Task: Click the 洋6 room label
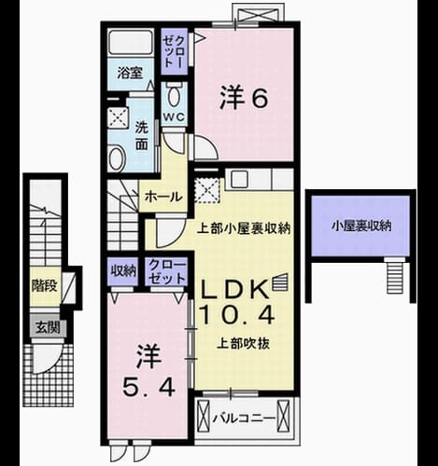(244, 98)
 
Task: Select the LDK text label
(235, 289)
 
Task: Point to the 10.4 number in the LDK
(237, 314)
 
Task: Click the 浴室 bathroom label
(130, 73)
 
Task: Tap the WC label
(175, 117)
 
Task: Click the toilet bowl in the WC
(175, 95)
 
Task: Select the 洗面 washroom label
(142, 136)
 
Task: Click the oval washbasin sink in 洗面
(117, 158)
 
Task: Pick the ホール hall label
(163, 197)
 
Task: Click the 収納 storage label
(124, 271)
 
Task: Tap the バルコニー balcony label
(244, 418)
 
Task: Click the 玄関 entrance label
(48, 328)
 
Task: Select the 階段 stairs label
(45, 285)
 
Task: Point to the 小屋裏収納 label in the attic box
(361, 226)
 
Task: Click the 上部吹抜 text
(243, 344)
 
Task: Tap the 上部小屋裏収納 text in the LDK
(244, 229)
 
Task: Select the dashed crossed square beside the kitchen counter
(206, 190)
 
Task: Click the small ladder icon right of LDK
(280, 281)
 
